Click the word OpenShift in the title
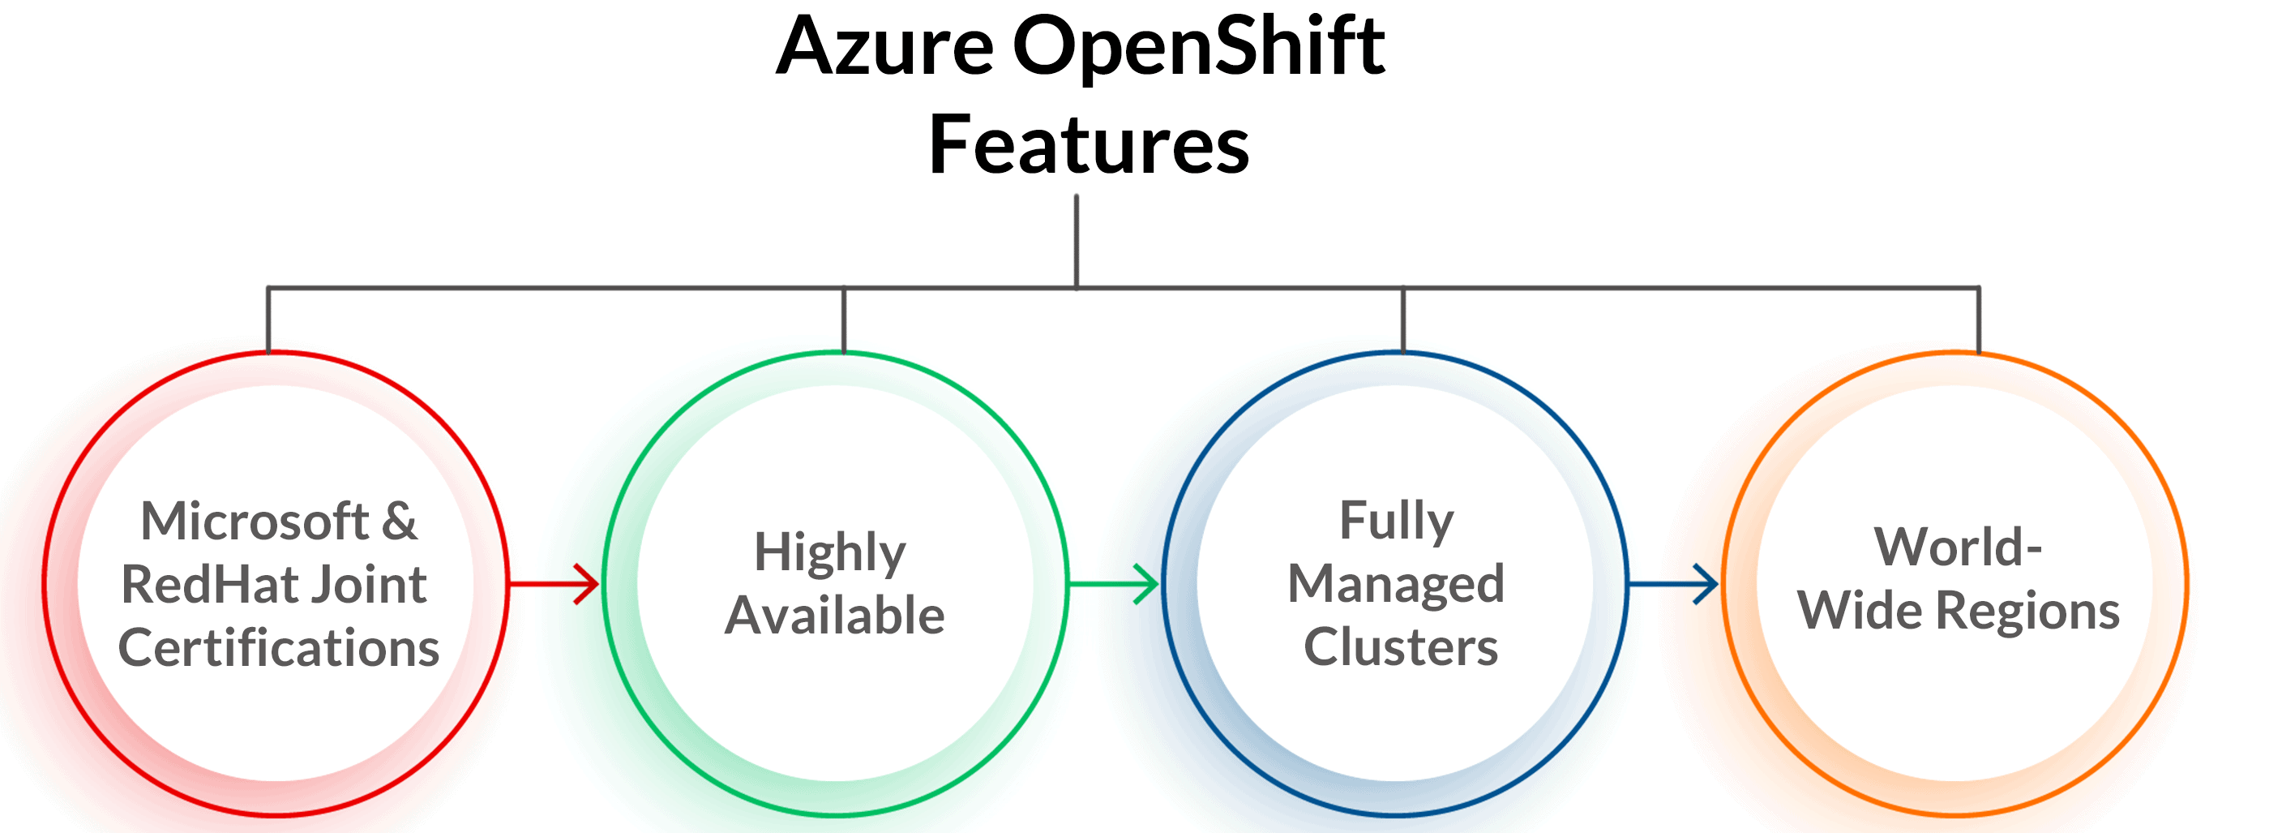[x=1197, y=49]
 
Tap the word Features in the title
[x=1088, y=145]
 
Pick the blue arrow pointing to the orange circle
[x=1673, y=584]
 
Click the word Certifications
[x=278, y=648]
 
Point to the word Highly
[x=829, y=554]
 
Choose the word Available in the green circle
[x=834, y=616]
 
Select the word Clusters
[x=1401, y=647]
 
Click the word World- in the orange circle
[x=1958, y=547]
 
